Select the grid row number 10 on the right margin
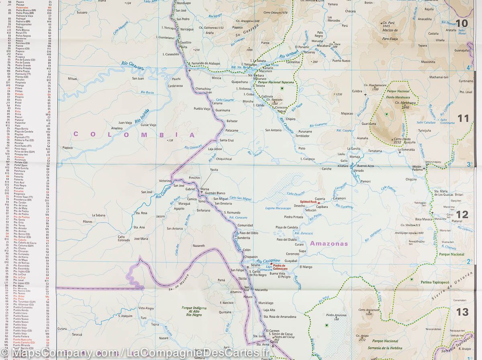462,23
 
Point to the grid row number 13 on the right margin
462,311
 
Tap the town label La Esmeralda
406,150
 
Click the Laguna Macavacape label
278,208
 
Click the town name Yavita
214,170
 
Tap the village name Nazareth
199,246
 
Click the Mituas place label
72,79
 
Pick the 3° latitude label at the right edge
469,164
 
